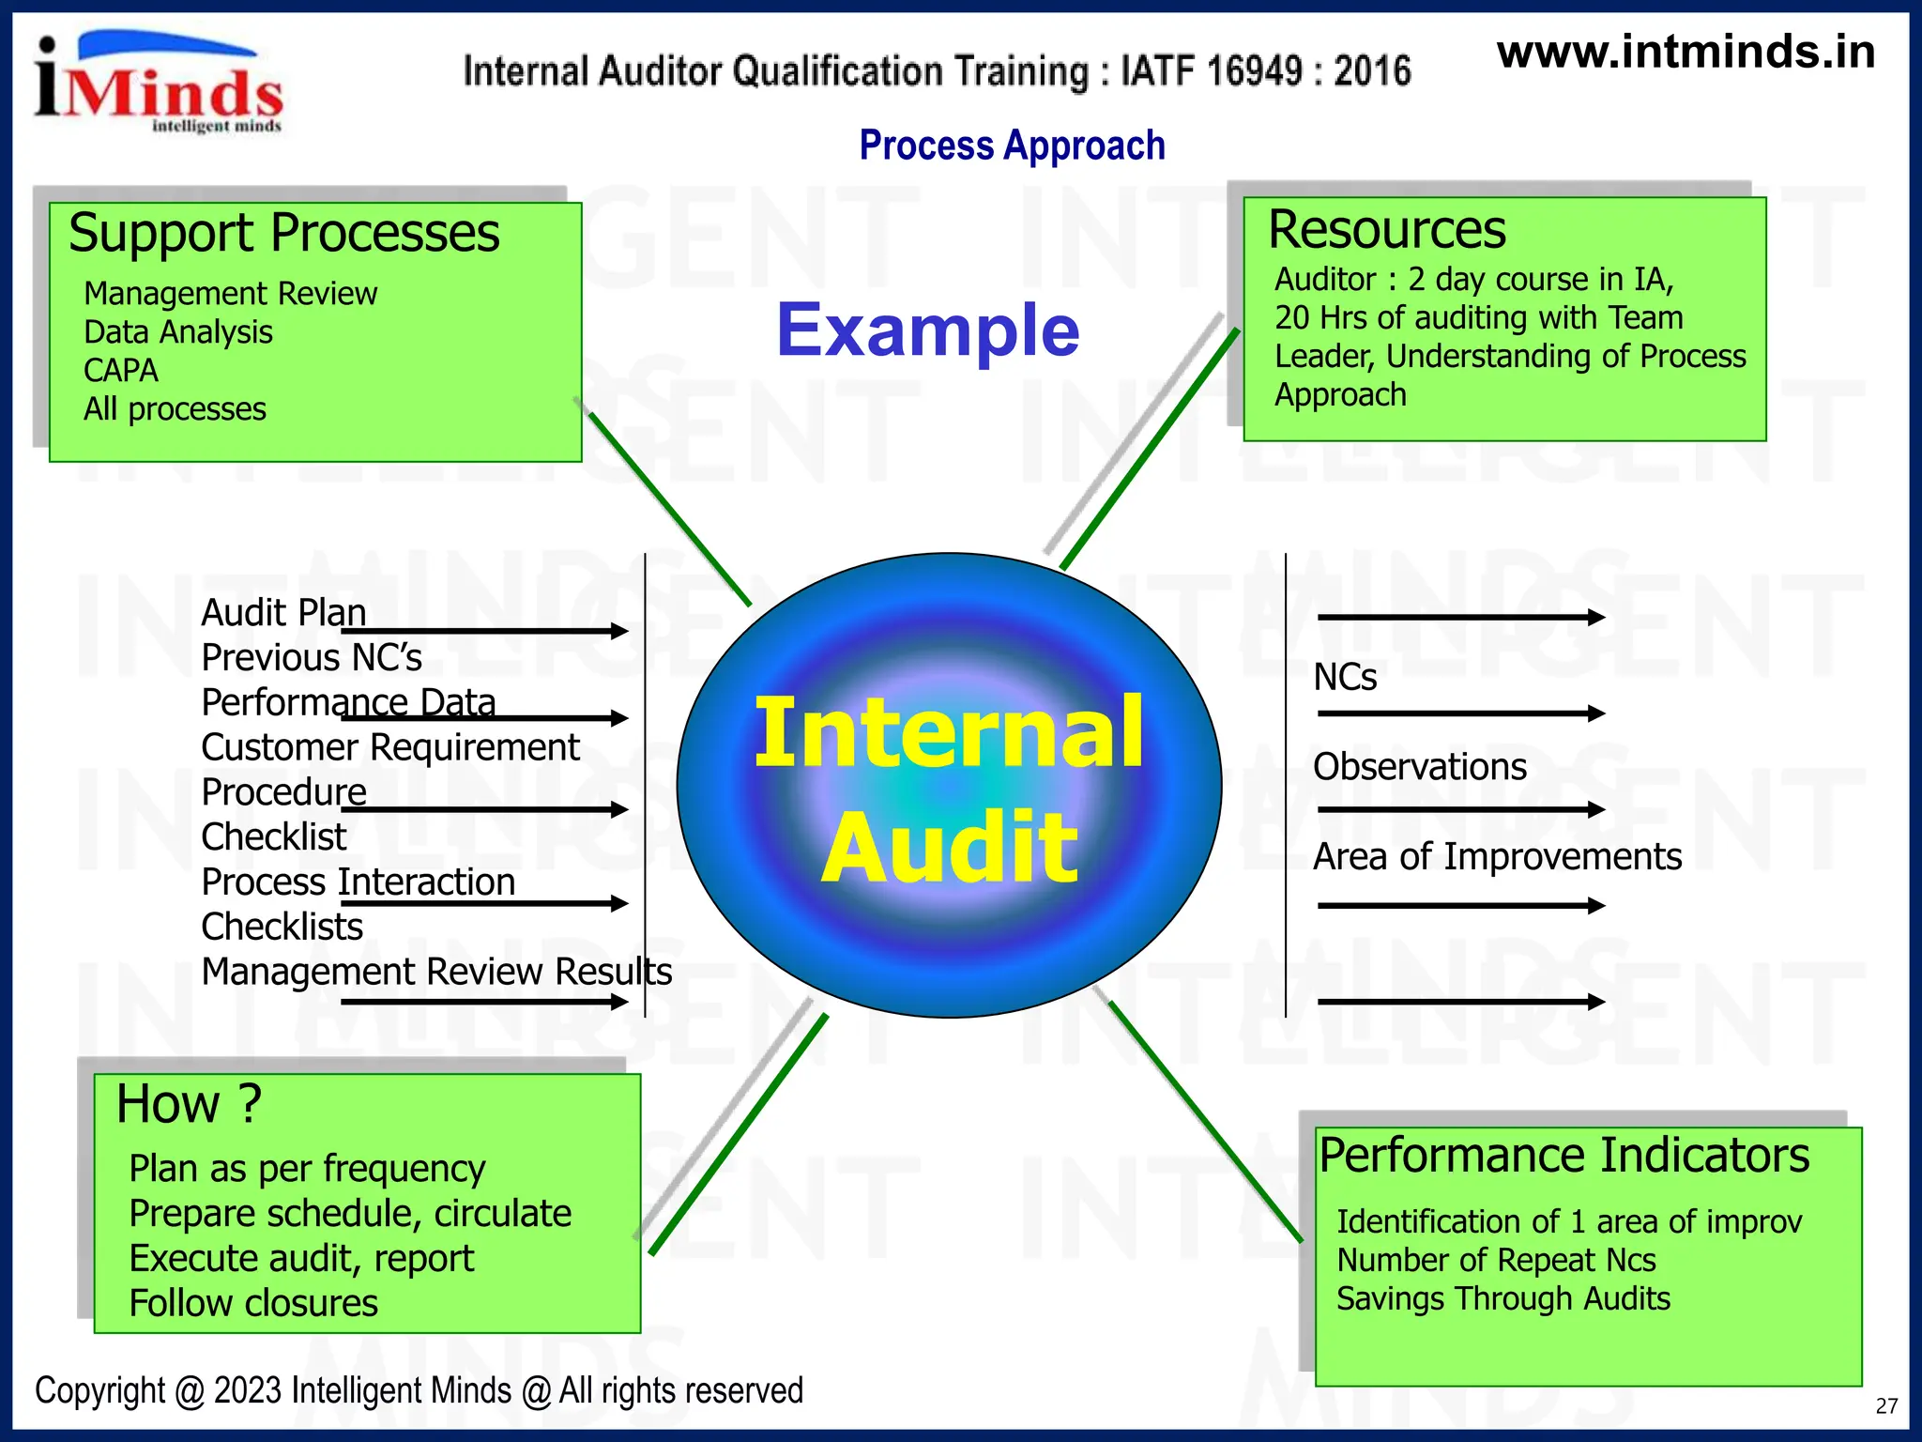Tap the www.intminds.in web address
(x=1686, y=52)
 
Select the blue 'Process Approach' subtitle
(x=1012, y=146)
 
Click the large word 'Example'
(x=927, y=330)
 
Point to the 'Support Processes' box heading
(x=283, y=233)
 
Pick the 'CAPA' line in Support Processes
(x=121, y=371)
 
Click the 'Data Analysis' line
(x=177, y=332)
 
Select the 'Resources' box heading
(x=1386, y=230)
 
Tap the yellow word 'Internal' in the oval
(x=949, y=733)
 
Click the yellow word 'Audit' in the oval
(x=950, y=848)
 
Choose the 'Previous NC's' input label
(x=312, y=657)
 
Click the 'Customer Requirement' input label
(x=390, y=747)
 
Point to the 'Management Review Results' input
(x=436, y=972)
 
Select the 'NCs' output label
(x=1344, y=677)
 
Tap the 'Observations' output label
(x=1419, y=767)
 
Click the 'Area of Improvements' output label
(x=1497, y=857)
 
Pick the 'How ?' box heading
(x=189, y=1103)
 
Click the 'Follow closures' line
(x=253, y=1303)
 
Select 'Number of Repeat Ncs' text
(x=1496, y=1260)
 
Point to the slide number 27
(x=1886, y=1405)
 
